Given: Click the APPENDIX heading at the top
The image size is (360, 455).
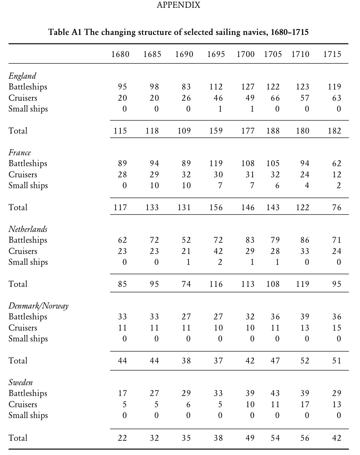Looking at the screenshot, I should pyautogui.click(x=178, y=5).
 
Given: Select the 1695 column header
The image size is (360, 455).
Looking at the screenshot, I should pyautogui.click(x=216, y=54).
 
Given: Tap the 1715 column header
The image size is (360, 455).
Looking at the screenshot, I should pyautogui.click(x=332, y=54).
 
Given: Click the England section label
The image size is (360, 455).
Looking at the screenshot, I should pyautogui.click(x=22, y=76).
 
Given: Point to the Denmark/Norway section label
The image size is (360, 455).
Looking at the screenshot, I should pyautogui.click(x=38, y=306).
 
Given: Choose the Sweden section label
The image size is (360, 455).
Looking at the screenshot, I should pyautogui.click(x=21, y=382).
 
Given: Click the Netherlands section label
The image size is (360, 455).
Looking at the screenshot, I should pyautogui.click(x=28, y=229).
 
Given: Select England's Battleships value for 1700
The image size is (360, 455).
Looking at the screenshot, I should pyautogui.click(x=248, y=87).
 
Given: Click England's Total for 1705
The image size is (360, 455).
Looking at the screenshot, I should pyautogui.click(x=273, y=131).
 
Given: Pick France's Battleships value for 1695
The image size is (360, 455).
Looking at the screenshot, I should pyautogui.click(x=216, y=163).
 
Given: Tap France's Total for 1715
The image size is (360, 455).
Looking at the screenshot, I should pyautogui.click(x=337, y=207).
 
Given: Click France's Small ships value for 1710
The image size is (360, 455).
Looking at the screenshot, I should pyautogui.click(x=307, y=185).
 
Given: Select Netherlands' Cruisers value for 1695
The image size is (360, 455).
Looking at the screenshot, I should pyautogui.click(x=218, y=251).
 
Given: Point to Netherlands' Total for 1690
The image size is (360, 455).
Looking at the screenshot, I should pyautogui.click(x=186, y=284).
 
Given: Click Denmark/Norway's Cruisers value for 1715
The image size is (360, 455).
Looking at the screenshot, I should pyautogui.click(x=337, y=328).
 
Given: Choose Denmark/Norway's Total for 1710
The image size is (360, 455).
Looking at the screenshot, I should pyautogui.click(x=305, y=361).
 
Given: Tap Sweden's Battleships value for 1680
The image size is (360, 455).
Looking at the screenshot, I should pyautogui.click(x=122, y=393).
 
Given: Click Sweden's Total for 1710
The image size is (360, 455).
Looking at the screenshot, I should pyautogui.click(x=305, y=438).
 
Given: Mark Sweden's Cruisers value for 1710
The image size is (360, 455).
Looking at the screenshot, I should pyautogui.click(x=305, y=404).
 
